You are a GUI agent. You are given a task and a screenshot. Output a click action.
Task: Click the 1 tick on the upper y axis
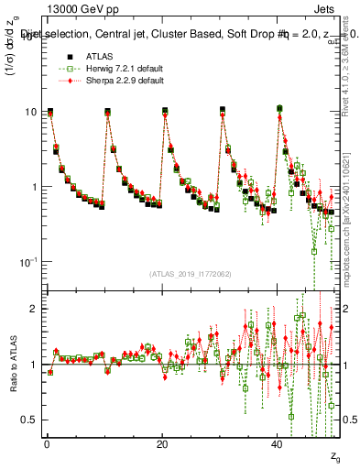point(33,187)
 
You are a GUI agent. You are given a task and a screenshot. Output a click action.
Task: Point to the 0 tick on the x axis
point(46,443)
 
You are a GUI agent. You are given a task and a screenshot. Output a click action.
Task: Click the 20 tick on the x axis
point(162,443)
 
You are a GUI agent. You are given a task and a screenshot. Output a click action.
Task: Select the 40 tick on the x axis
point(278,443)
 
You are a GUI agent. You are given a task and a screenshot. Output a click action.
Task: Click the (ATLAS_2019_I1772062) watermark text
point(190,273)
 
